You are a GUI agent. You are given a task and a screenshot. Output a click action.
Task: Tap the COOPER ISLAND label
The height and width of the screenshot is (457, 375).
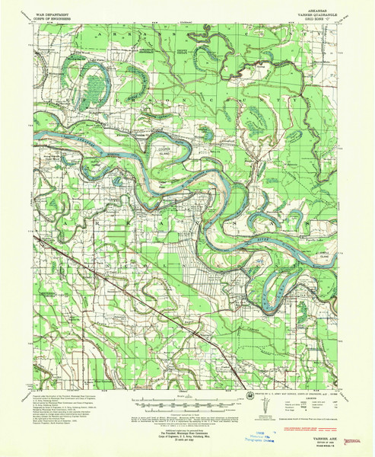pyautogui.click(x=162, y=152)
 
